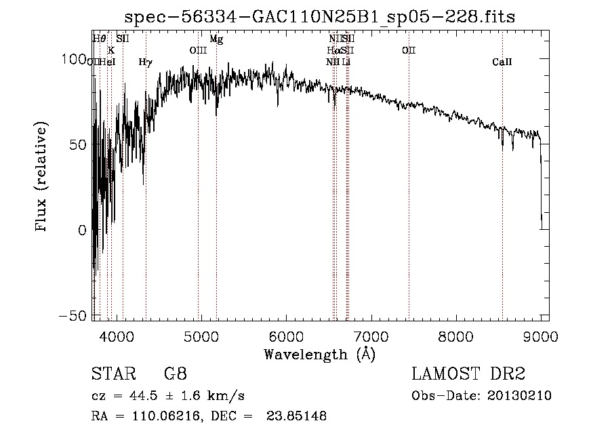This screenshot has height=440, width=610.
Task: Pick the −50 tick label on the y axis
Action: (x=73, y=316)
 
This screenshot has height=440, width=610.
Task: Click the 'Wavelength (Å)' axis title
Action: (x=319, y=354)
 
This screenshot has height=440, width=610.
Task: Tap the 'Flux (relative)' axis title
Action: (x=42, y=177)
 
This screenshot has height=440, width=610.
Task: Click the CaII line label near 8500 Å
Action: (x=502, y=62)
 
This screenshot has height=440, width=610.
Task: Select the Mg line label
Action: (x=216, y=39)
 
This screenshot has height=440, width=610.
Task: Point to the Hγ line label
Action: (x=145, y=62)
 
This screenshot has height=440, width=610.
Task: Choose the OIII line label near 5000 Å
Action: (x=197, y=50)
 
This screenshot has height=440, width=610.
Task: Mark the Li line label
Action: (x=346, y=62)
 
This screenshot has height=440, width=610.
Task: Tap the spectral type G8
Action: (x=175, y=374)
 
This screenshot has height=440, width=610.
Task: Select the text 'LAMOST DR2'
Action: (x=468, y=374)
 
